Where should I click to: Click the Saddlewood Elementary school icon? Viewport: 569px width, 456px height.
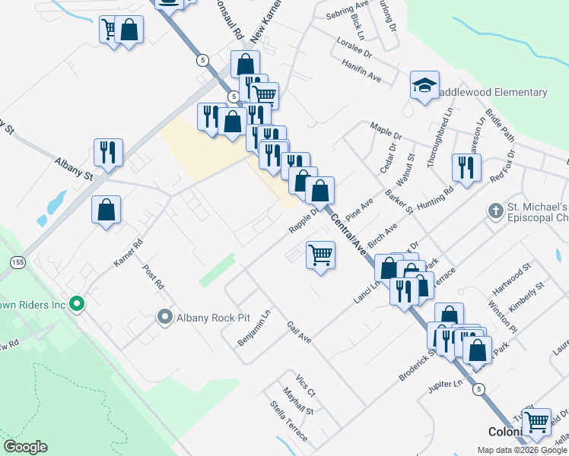click(424, 86)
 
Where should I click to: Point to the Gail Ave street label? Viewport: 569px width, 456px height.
click(299, 332)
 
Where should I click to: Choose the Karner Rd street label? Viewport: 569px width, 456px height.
click(128, 254)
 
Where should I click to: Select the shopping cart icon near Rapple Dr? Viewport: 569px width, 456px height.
click(321, 255)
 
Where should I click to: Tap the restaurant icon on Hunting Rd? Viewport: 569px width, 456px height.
click(466, 168)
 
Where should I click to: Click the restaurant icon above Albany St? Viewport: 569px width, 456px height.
click(108, 152)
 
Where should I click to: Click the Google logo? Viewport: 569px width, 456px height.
click(25, 447)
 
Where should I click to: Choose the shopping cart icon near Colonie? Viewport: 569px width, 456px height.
click(538, 422)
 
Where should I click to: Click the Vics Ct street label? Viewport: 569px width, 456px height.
click(305, 383)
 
